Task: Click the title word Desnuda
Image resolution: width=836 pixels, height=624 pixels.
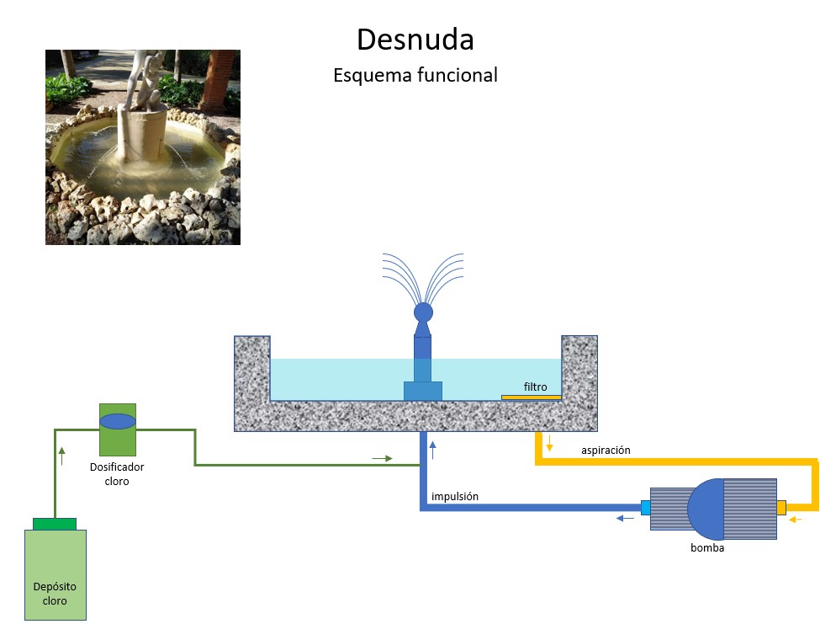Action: coord(415,40)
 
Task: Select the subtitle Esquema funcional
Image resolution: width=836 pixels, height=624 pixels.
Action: coord(415,75)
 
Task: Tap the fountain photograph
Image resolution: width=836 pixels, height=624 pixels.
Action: coord(142,147)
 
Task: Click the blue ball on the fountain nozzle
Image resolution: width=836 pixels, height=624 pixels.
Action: coord(423,312)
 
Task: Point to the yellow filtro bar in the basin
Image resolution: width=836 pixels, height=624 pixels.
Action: coord(531,397)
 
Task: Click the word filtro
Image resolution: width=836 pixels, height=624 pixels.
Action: coord(535,387)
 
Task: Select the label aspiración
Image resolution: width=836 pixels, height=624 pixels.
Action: coord(606,450)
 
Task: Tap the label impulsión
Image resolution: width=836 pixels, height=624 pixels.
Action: coord(455,496)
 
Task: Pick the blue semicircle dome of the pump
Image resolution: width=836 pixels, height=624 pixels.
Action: coord(706,509)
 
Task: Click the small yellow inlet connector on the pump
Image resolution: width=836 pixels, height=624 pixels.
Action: coord(781,507)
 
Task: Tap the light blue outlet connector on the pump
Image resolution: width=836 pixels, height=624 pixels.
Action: coord(645,507)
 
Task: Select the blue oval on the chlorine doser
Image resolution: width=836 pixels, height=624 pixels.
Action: coord(117,421)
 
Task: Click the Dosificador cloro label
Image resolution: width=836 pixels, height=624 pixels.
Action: coord(117,473)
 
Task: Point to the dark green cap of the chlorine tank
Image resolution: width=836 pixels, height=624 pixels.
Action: coord(55,524)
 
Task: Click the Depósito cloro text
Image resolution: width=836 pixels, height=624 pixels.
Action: coord(55,594)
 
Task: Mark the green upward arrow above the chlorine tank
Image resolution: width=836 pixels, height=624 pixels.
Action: coord(62,456)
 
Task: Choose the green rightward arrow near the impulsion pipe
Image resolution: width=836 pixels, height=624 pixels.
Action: coord(382,458)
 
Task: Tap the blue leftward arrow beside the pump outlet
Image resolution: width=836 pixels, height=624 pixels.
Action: coord(625,518)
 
